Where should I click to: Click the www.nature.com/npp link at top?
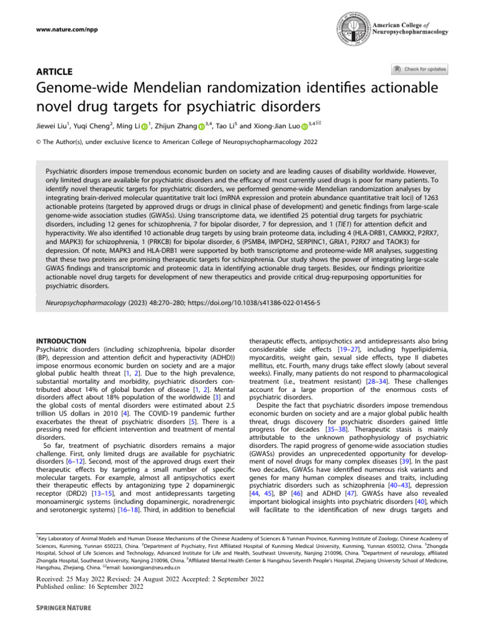pyautogui.click(x=50, y=28)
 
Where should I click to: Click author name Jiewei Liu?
pyautogui.click(x=57, y=127)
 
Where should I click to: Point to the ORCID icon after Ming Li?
pyautogui.click(x=145, y=127)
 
